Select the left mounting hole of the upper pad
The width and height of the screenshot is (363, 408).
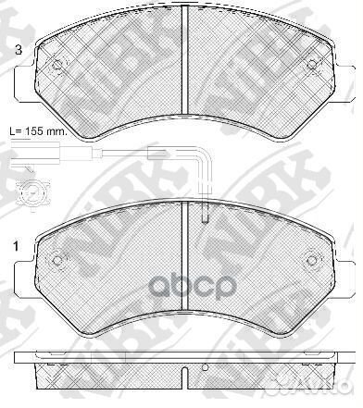[58, 66]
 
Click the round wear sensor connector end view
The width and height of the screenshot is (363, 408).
[31, 193]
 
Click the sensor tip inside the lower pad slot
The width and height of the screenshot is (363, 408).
[206, 221]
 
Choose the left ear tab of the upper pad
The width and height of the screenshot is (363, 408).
[20, 89]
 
